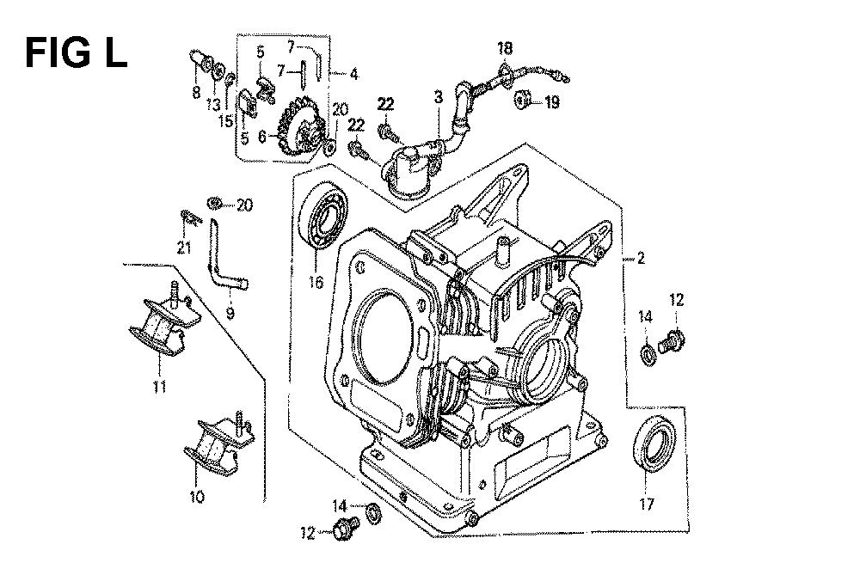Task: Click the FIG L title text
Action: pos(77,53)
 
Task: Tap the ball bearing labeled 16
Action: pos(323,215)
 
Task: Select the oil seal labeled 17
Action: pos(654,444)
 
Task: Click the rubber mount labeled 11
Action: pos(163,319)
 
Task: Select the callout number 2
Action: pos(641,258)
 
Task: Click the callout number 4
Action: pos(353,73)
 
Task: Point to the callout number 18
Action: pos(505,48)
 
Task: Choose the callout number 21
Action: pos(184,248)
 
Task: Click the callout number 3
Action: pos(438,98)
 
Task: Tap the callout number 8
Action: pos(196,93)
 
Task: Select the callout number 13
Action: pos(213,104)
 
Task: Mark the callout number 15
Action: pos(224,121)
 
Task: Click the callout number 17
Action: pos(648,503)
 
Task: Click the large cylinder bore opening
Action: pos(383,337)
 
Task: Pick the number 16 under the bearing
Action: pos(316,282)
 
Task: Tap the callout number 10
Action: pos(196,497)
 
